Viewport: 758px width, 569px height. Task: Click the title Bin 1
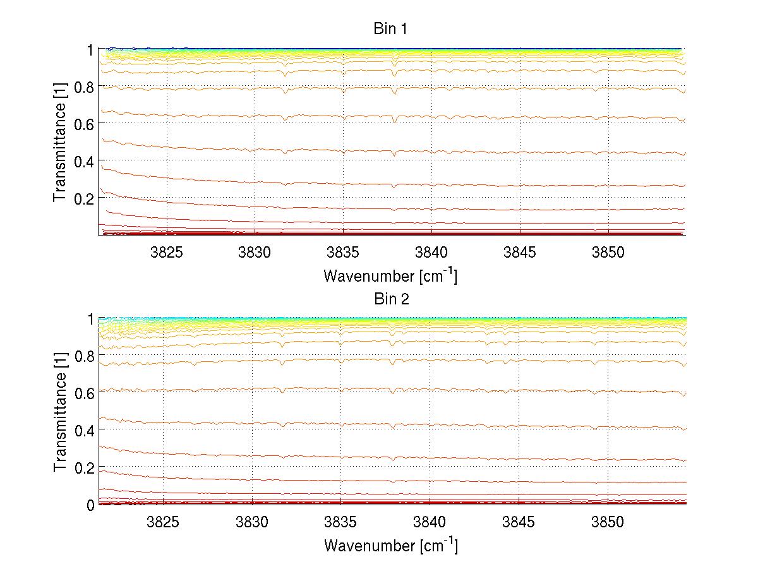391,29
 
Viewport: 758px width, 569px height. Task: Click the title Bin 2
391,299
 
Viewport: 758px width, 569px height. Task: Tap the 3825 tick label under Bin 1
167,253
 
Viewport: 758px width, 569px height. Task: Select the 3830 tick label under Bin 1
255,253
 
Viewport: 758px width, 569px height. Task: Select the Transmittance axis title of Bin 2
60,413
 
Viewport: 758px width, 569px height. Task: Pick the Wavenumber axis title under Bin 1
390,275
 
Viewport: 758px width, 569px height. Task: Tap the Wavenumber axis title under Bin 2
390,545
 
